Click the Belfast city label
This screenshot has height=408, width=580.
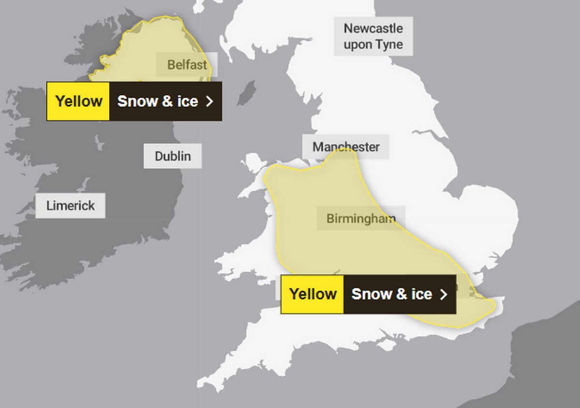187,65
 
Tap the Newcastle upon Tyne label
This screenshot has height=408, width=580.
373,36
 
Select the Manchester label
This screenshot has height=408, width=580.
346,147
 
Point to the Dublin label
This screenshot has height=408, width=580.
173,156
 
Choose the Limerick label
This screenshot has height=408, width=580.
71,205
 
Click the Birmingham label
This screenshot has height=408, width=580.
361,218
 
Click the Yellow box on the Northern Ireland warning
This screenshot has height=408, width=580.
78,101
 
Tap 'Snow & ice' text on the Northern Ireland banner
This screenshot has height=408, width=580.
158,101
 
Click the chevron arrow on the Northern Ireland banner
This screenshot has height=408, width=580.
209,101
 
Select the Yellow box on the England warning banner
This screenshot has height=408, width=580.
313,294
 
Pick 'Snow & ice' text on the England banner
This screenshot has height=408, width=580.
391,294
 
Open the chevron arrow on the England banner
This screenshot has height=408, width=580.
443,294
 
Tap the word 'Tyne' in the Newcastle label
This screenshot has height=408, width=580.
389,44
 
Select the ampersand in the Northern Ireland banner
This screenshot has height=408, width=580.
166,101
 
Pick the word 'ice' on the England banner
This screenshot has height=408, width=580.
421,294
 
